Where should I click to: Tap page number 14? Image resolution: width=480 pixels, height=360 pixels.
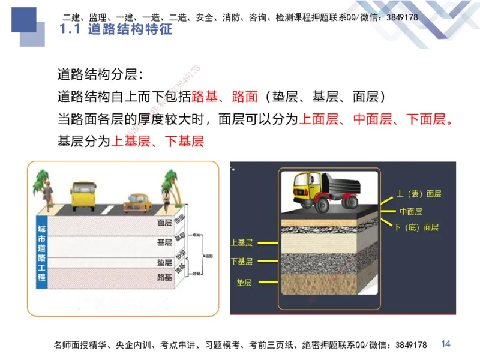(x=445, y=344)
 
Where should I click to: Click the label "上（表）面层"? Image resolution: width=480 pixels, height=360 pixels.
(x=419, y=194)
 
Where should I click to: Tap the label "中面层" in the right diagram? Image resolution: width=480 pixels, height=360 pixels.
(x=411, y=211)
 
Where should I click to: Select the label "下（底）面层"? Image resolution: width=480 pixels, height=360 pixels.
(x=416, y=227)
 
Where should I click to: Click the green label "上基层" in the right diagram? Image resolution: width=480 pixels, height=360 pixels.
(x=241, y=242)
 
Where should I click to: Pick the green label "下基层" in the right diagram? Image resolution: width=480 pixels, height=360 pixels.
(x=241, y=262)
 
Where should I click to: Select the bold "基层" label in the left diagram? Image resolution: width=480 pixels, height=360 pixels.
(x=164, y=242)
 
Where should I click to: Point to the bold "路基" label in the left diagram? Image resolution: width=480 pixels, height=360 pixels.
(x=164, y=277)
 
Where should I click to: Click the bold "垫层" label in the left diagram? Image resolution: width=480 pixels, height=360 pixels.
(x=164, y=262)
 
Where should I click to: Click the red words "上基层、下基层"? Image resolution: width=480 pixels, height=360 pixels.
(x=158, y=142)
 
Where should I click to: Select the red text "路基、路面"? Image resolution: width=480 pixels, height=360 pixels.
(x=224, y=97)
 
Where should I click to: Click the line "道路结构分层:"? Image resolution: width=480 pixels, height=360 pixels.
(x=100, y=76)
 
